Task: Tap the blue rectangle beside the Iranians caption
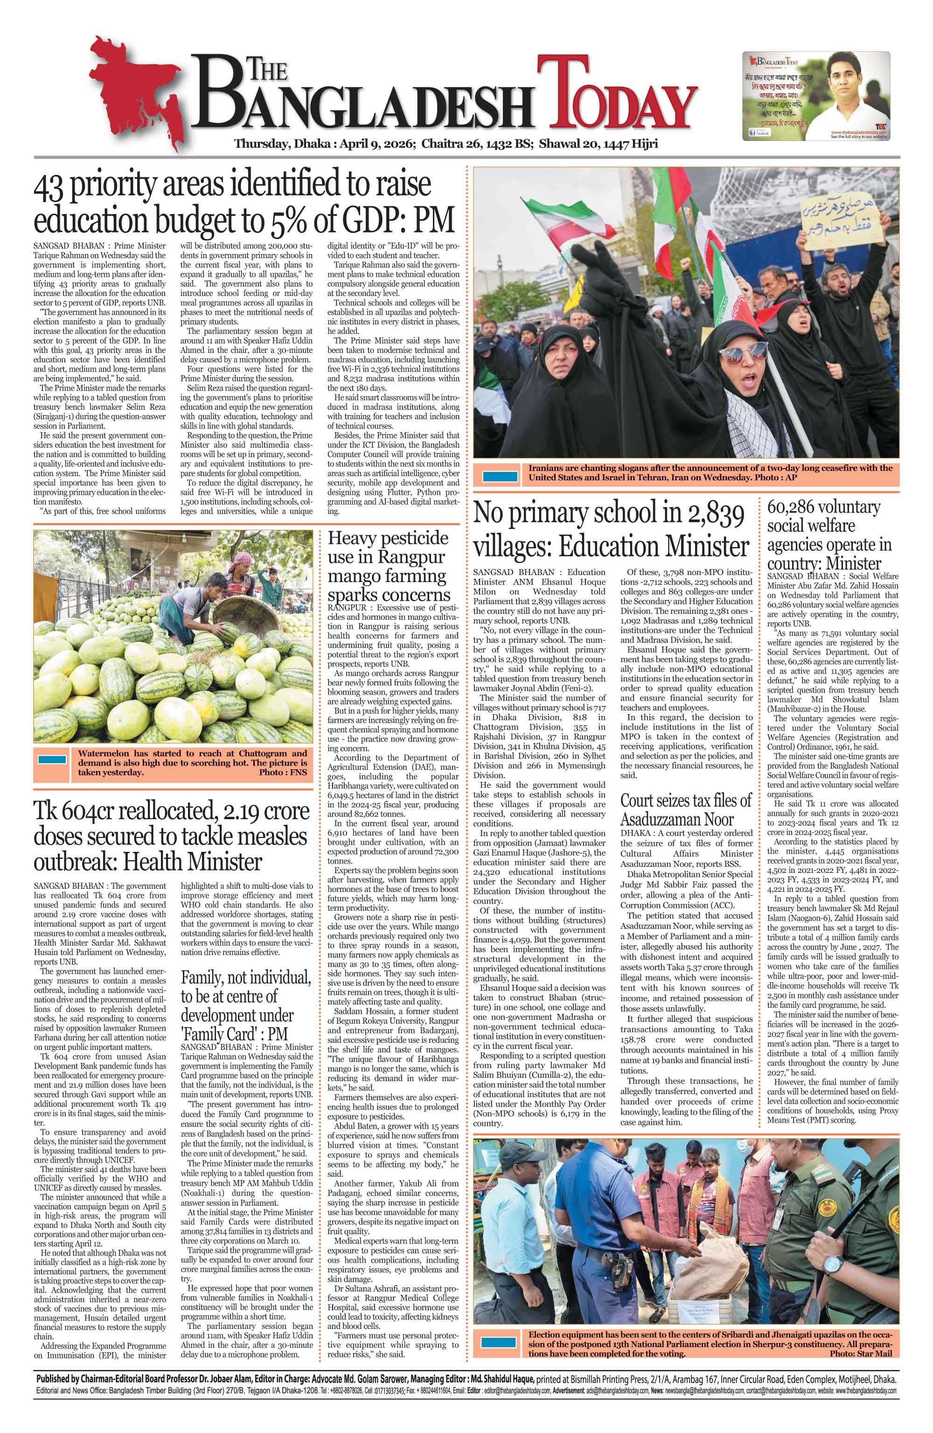(500, 477)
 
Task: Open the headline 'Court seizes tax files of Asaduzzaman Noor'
(686, 809)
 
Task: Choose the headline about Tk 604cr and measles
(172, 836)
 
